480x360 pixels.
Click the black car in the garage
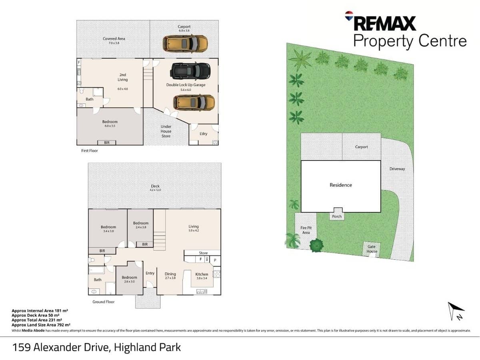pyautogui.click(x=190, y=71)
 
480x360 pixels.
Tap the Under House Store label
pyautogui.click(x=166, y=131)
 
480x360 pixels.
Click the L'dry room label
pyautogui.click(x=203, y=134)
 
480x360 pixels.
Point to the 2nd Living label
pyautogui.click(x=122, y=77)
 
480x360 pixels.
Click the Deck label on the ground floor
pyautogui.click(x=155, y=186)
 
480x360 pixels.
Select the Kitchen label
pyautogui.click(x=202, y=274)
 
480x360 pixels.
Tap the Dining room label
pyautogui.click(x=170, y=274)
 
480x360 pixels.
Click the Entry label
pyautogui.click(x=150, y=273)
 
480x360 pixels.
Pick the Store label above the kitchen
pyautogui.click(x=203, y=253)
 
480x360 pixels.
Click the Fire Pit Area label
pyautogui.click(x=306, y=230)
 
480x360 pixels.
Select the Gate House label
pyautogui.click(x=372, y=249)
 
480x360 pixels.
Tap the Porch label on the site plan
pyautogui.click(x=337, y=216)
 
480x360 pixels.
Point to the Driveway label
pyautogui.click(x=397, y=169)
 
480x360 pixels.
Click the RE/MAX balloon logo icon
pyautogui.click(x=349, y=16)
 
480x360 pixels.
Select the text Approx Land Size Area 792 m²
pyautogui.click(x=41, y=325)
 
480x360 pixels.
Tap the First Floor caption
pyautogui.click(x=89, y=151)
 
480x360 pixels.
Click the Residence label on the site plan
pyautogui.click(x=341, y=185)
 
